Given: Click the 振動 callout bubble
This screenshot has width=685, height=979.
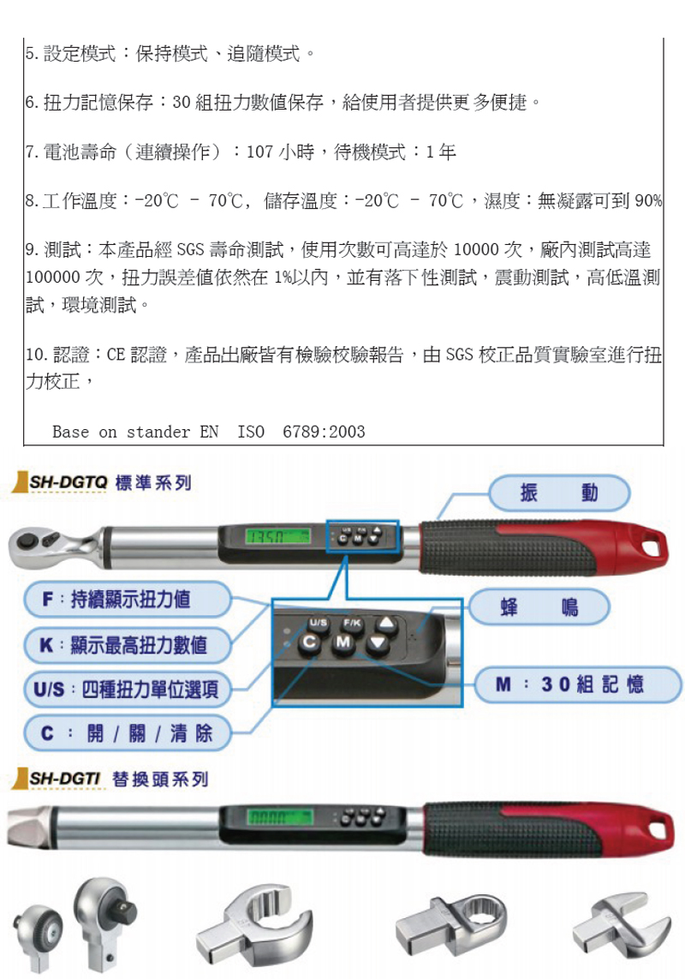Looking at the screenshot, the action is tap(559, 493).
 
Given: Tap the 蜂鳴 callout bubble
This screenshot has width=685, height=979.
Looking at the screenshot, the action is tap(539, 607).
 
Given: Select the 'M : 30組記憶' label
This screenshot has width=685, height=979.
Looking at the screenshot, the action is tap(577, 685).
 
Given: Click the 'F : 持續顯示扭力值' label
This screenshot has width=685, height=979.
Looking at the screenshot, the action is tap(128, 600).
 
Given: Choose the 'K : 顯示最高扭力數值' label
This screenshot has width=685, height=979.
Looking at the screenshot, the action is tap(128, 645).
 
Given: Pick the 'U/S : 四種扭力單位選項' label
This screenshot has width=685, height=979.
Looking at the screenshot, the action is tap(128, 689).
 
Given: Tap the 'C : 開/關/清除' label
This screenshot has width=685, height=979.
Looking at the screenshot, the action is tap(128, 733).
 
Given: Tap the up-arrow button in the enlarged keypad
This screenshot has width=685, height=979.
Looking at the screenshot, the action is tap(386, 624).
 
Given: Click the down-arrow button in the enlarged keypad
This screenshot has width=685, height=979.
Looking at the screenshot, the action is tap(378, 644).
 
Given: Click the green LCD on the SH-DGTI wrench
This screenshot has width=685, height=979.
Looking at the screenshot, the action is tap(279, 817).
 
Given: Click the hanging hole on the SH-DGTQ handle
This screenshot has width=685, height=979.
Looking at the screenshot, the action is tap(652, 547).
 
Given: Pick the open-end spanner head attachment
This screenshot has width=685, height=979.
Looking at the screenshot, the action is tap(621, 930).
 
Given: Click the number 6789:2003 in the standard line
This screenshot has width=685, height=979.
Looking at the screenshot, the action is tap(324, 432).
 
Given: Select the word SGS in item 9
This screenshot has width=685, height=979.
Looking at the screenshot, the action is tap(190, 250).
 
